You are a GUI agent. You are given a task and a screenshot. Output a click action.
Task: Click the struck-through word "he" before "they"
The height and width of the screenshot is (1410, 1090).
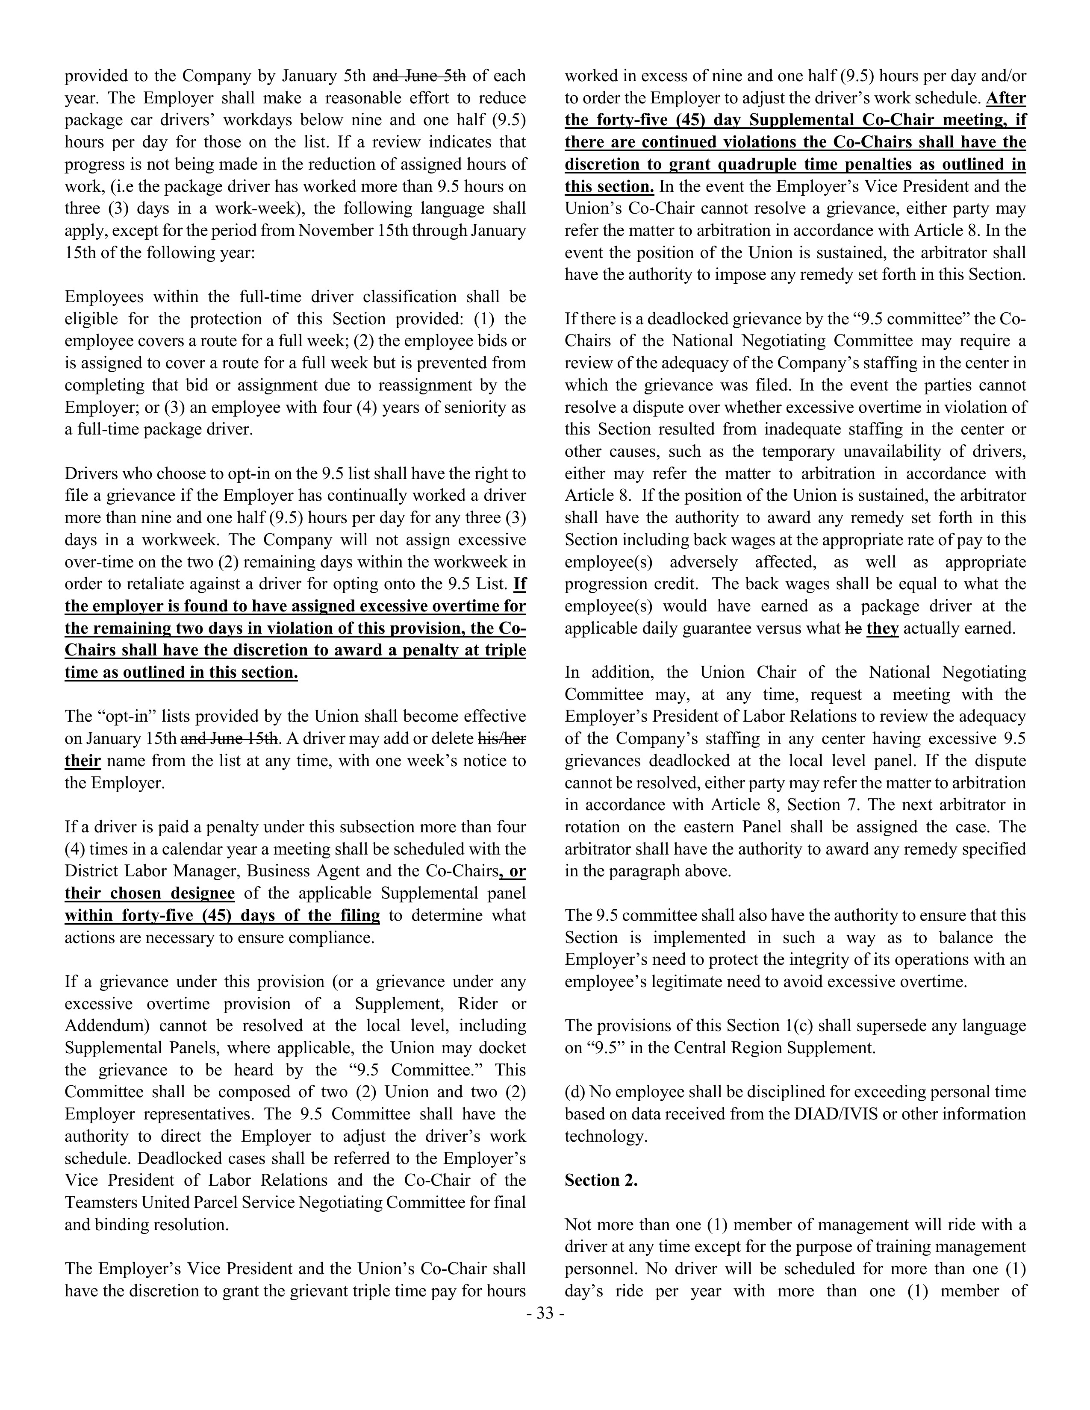click(853, 628)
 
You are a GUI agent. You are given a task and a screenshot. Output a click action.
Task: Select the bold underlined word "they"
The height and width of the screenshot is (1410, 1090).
click(882, 628)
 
